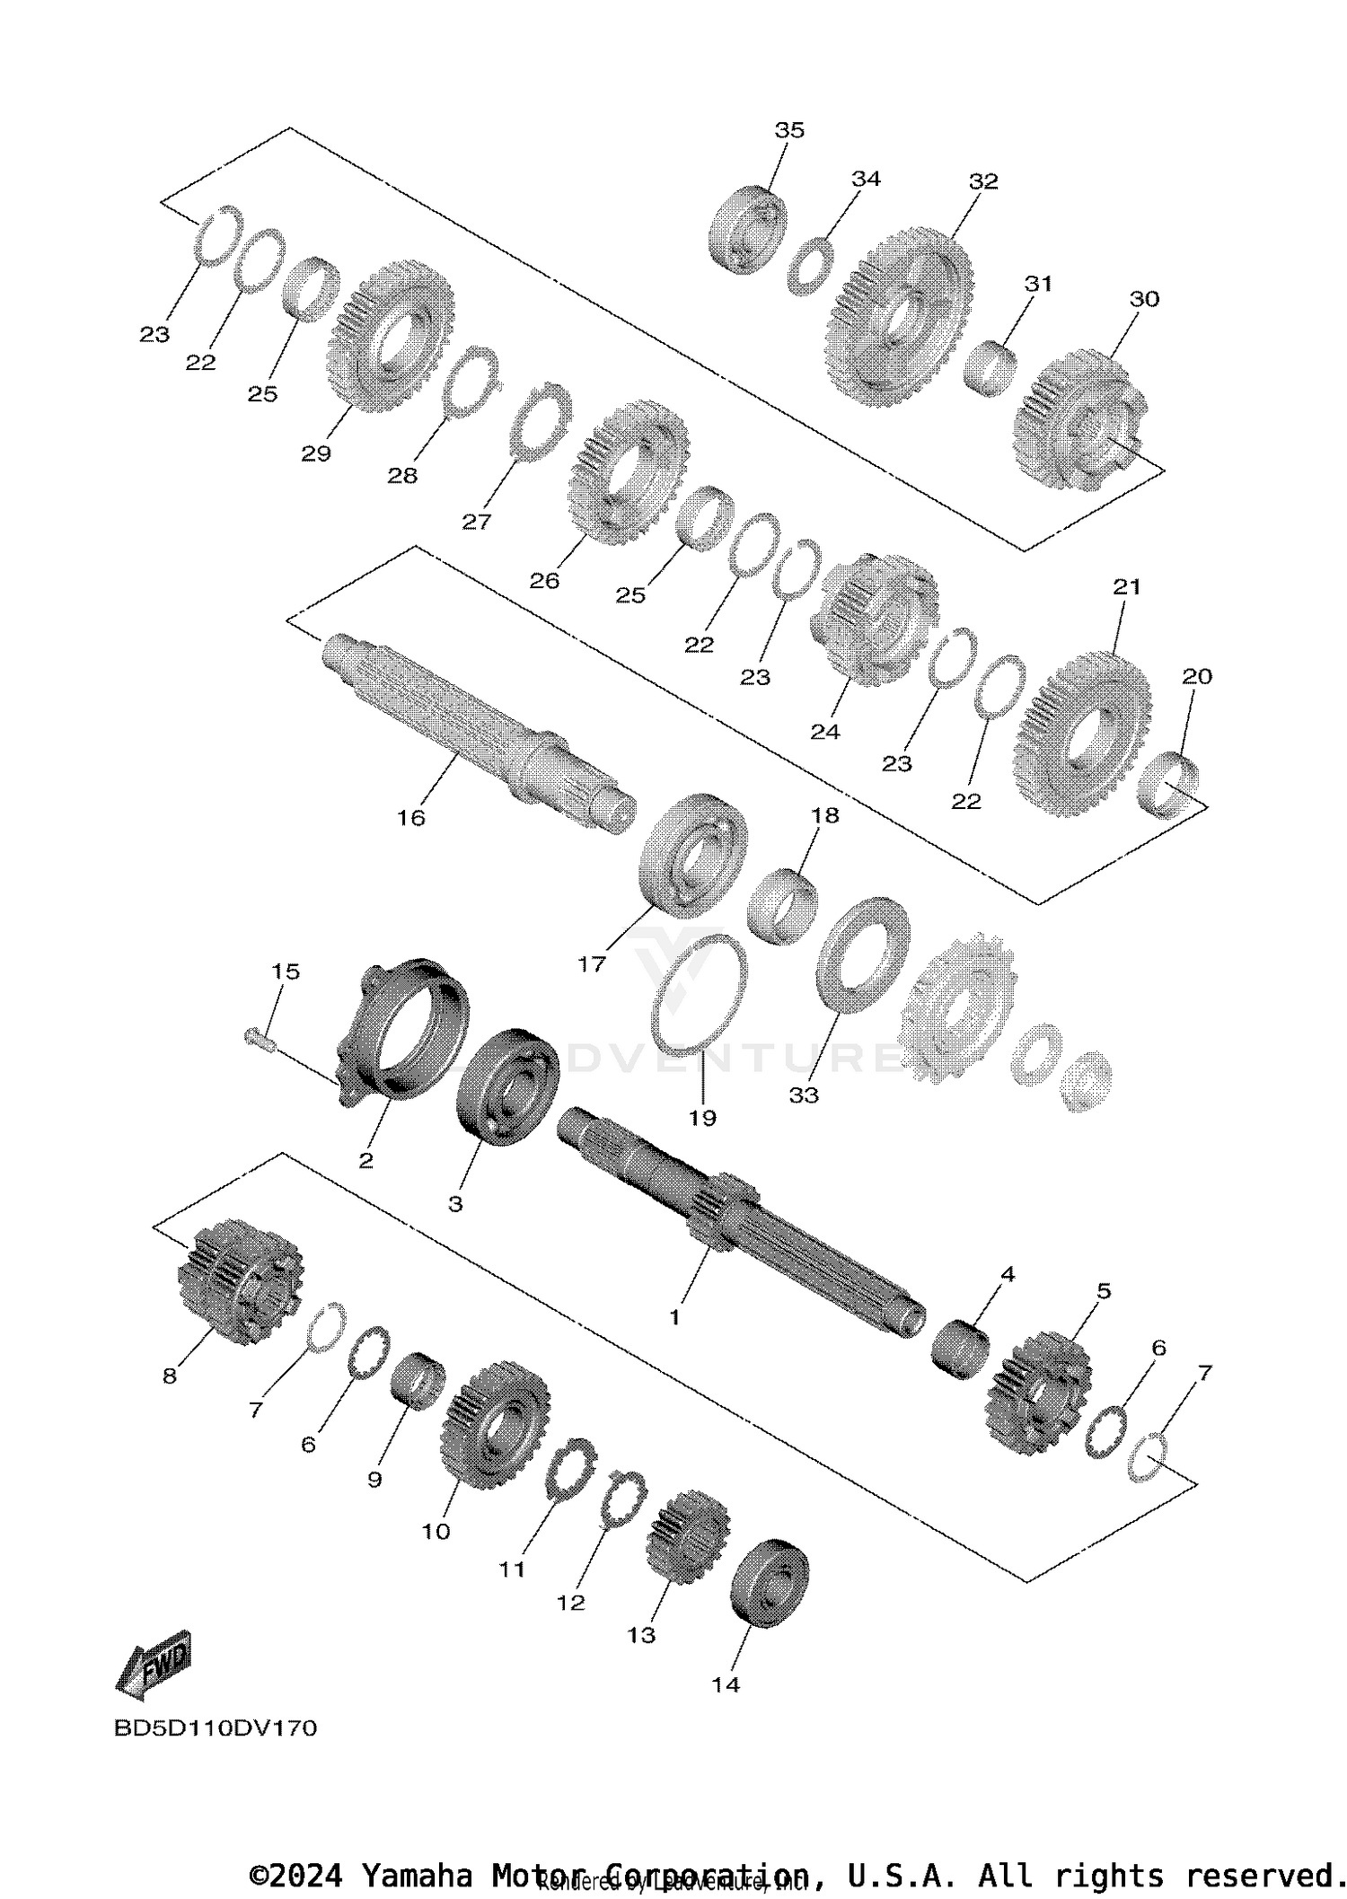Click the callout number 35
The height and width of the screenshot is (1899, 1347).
coord(789,130)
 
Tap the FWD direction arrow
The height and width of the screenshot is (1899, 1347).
coord(154,1665)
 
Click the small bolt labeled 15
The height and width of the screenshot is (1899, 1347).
coord(257,1039)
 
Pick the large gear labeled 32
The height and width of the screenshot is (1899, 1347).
coord(898,319)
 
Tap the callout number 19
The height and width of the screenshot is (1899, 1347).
coord(702,1118)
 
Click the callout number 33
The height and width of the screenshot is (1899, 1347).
coord(804,1095)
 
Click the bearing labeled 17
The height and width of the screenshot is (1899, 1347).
coord(694,856)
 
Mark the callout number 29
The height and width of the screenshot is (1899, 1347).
coord(316,454)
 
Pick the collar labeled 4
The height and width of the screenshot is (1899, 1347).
coord(961,1348)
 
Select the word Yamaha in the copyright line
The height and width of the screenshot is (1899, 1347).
coord(417,1876)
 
